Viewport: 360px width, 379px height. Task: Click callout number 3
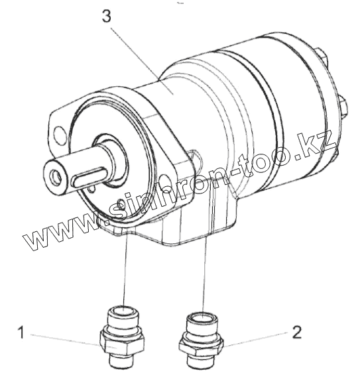[106, 17]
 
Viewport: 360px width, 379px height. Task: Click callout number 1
[21, 332]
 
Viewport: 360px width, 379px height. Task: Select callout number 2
[297, 332]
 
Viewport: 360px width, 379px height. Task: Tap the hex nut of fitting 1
[122, 342]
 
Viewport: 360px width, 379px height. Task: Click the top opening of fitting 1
[124, 309]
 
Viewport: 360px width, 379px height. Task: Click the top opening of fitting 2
[203, 316]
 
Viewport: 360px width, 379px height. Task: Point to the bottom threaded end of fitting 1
[120, 360]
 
